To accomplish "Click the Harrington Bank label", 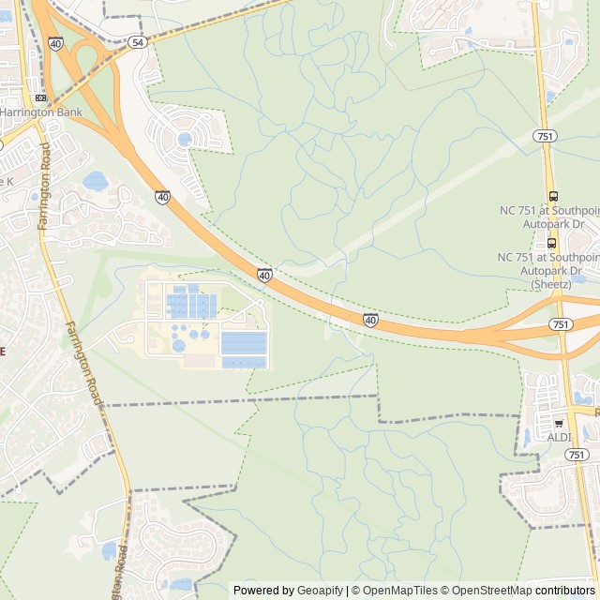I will [x=41, y=112].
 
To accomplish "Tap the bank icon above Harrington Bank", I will [x=39, y=97].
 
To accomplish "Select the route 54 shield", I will [x=138, y=42].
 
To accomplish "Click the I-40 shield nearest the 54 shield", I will [x=56, y=43].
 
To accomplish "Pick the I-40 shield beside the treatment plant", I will [x=265, y=275].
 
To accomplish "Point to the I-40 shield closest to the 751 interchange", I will [x=371, y=320].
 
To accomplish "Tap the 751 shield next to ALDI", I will [x=577, y=454].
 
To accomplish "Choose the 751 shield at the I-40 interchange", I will [x=560, y=323].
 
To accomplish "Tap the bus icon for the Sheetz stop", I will [x=552, y=243].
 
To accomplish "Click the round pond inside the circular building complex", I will [x=185, y=140].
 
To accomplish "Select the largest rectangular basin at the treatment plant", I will [x=244, y=343].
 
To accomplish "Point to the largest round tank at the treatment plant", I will [x=178, y=346].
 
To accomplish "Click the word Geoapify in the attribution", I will [x=322, y=591].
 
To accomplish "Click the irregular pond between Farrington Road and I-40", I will [x=96, y=180].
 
